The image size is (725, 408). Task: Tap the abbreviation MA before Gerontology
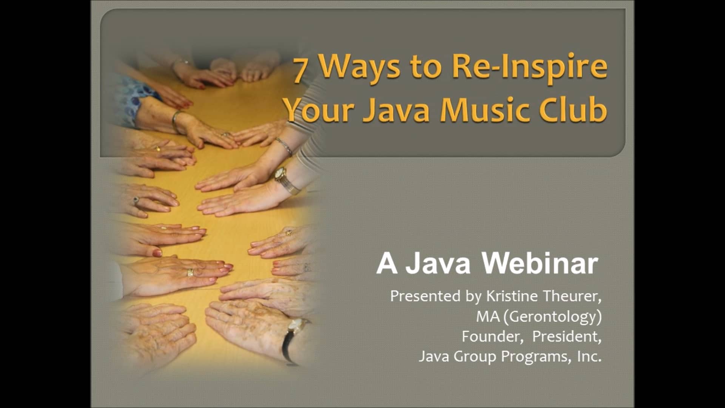click(487, 316)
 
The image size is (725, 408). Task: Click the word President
click(566, 336)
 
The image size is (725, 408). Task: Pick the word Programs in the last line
click(536, 357)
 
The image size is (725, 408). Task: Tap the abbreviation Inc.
click(589, 356)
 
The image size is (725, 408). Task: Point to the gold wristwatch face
click(280, 173)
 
